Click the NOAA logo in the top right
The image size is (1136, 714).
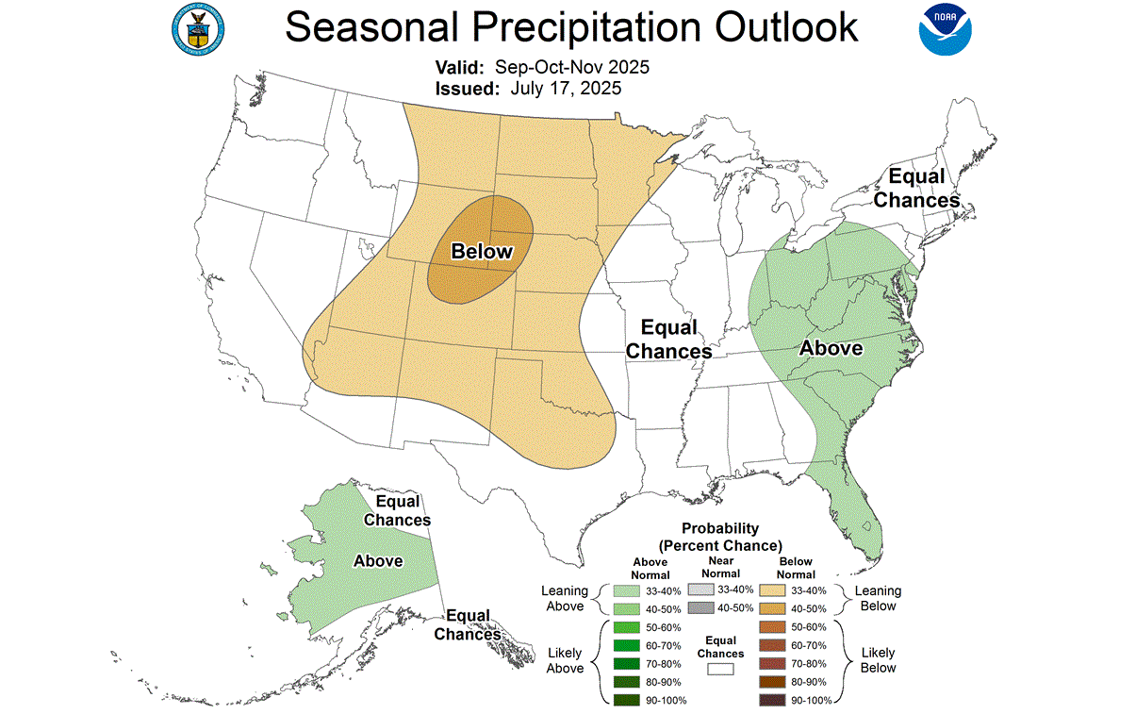pyautogui.click(x=946, y=29)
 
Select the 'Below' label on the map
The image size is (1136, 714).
pyautogui.click(x=482, y=252)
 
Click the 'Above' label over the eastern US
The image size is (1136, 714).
pyautogui.click(x=831, y=348)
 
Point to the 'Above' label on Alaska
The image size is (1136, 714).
pyautogui.click(x=378, y=561)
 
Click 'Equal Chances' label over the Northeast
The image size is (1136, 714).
pyautogui.click(x=916, y=189)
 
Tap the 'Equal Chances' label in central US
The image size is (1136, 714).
pyautogui.click(x=668, y=340)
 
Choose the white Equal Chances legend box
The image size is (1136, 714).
pyautogui.click(x=721, y=670)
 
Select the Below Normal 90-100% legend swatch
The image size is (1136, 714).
pyautogui.click(x=771, y=700)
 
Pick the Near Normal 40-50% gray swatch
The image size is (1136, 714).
pyautogui.click(x=700, y=608)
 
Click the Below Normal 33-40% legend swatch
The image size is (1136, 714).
pyautogui.click(x=771, y=590)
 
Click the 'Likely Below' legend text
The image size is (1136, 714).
pyautogui.click(x=878, y=660)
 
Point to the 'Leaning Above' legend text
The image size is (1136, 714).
pyautogui.click(x=565, y=598)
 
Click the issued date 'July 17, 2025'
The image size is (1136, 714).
pyautogui.click(x=566, y=89)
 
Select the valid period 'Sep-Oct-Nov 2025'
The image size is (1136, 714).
pyautogui.click(x=572, y=68)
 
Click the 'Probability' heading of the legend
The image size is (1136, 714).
pyautogui.click(x=720, y=529)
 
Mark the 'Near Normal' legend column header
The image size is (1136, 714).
pyautogui.click(x=720, y=567)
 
